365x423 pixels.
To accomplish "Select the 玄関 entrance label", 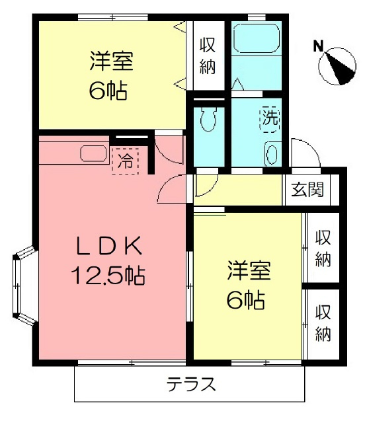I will pos(307,190).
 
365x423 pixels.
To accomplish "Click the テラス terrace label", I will pos(191,385).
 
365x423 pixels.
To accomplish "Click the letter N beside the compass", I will pos(318,46).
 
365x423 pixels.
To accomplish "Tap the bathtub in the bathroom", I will pos(257,42).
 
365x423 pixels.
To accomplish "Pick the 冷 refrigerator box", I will pos(126,160).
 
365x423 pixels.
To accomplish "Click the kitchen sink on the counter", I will pos(93,154).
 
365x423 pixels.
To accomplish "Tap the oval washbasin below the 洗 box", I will pos(272,154).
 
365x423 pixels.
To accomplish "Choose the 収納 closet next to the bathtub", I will pos(208,56).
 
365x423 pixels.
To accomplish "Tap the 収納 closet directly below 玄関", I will pos(322,249).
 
